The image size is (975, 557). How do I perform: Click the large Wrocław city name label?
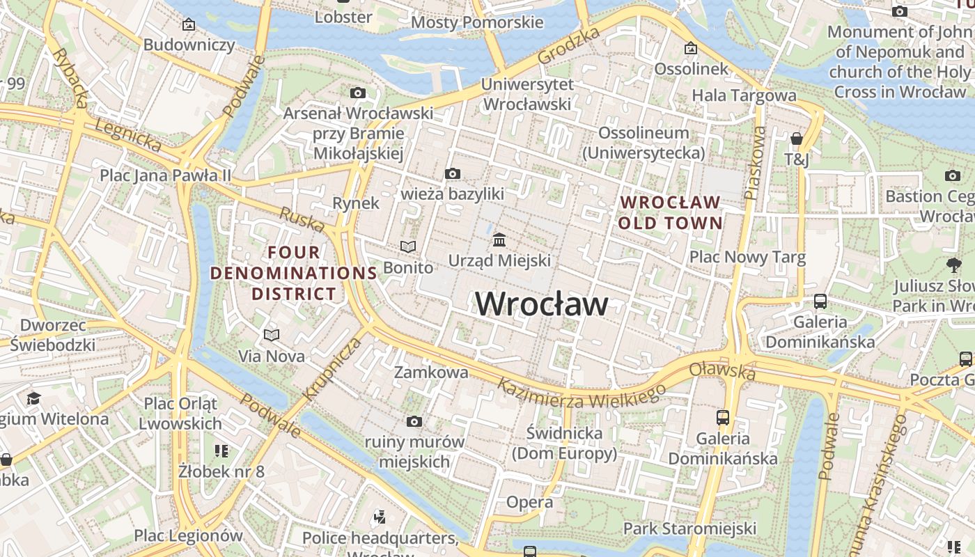point(542,304)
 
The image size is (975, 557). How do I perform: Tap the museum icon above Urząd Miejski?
point(499,240)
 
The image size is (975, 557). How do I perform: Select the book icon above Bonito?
point(408,246)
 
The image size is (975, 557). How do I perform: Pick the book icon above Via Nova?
point(272,335)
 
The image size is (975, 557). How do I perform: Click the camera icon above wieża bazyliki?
point(453,173)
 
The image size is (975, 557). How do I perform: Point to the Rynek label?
point(356,203)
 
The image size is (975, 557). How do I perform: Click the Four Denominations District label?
point(294,273)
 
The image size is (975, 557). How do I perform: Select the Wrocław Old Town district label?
point(670,213)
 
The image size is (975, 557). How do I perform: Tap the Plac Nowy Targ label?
point(747,258)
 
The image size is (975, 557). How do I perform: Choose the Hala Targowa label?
point(744,95)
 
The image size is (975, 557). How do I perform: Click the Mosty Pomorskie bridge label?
point(477,22)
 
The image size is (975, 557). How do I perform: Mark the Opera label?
point(529,502)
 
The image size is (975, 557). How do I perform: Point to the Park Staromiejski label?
point(689,528)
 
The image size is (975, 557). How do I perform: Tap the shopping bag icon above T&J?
point(797,139)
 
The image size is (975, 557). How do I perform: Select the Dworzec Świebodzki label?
point(53,335)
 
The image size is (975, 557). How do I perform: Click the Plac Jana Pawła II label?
point(165,175)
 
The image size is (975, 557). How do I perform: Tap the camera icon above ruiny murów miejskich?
point(414,421)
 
